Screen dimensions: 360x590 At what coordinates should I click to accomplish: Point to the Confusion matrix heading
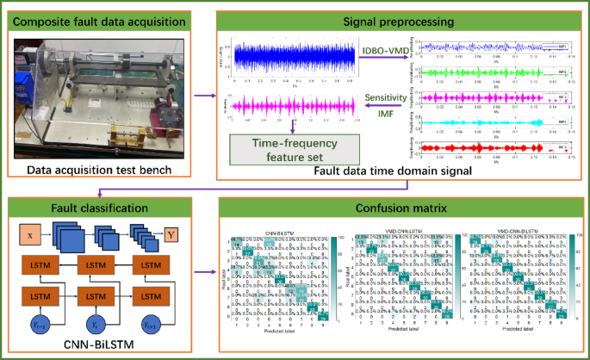click(399, 208)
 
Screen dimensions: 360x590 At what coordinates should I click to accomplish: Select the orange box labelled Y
click(172, 233)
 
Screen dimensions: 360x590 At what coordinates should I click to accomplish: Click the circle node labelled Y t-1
click(38, 325)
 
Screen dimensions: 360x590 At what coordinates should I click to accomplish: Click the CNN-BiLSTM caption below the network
click(101, 349)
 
